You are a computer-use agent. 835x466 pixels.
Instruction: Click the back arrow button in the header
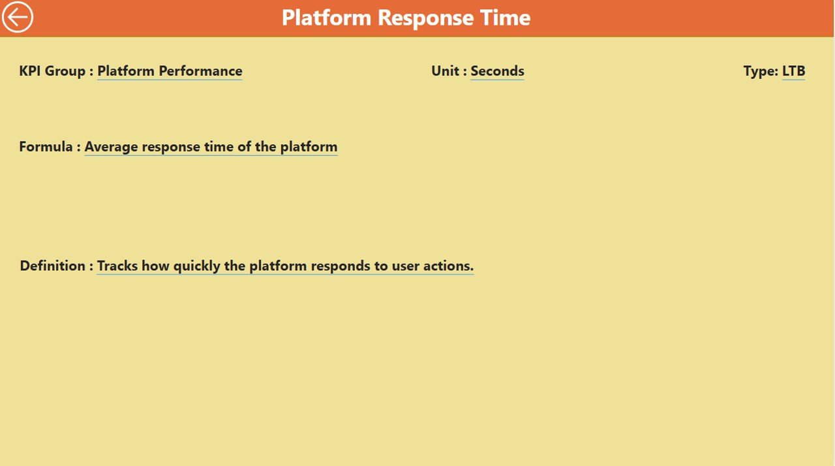pyautogui.click(x=18, y=17)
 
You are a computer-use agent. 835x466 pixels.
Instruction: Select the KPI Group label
pyautogui.click(x=56, y=71)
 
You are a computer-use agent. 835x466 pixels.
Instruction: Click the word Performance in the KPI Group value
pyautogui.click(x=200, y=71)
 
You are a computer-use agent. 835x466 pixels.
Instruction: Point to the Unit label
pyautogui.click(x=449, y=71)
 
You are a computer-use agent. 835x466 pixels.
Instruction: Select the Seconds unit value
pyautogui.click(x=497, y=71)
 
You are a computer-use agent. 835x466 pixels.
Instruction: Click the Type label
pyautogui.click(x=761, y=71)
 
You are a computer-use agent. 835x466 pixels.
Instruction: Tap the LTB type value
pyautogui.click(x=794, y=71)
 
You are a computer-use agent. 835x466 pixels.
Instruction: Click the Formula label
pyautogui.click(x=50, y=146)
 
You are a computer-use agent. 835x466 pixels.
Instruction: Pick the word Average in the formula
pyautogui.click(x=111, y=147)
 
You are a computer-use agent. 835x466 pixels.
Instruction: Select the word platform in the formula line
pyautogui.click(x=309, y=147)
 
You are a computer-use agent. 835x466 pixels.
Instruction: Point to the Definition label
pyautogui.click(x=56, y=266)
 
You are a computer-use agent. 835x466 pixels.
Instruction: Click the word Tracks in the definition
pyautogui.click(x=117, y=266)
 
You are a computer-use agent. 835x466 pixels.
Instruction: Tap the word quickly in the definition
pyautogui.click(x=197, y=266)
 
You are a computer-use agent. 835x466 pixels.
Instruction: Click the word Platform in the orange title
pyautogui.click(x=327, y=18)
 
